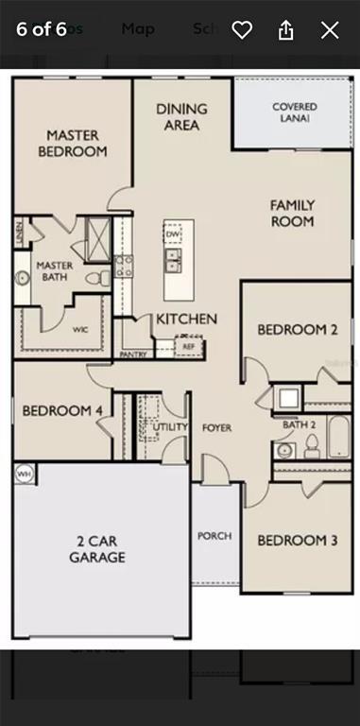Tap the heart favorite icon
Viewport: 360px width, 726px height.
pos(242,29)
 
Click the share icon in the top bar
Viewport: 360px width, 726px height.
pos(285,29)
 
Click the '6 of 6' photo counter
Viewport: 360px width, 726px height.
pos(42,28)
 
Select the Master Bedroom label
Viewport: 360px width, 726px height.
pos(73,143)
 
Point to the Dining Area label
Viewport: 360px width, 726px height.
pos(181,116)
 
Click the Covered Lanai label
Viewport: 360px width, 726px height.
pos(294,112)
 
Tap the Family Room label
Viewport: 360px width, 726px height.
pos(292,213)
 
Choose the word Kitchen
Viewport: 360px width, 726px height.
pos(186,320)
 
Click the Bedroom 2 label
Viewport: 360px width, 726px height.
pos(298,330)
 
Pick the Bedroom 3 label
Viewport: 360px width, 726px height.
pos(298,540)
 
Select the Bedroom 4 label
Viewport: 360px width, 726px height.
pos(61,411)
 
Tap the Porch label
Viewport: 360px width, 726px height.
pos(214,536)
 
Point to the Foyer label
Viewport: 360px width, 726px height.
pos(216,428)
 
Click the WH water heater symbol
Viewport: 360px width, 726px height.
pos(23,473)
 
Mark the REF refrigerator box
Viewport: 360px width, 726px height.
pos(188,347)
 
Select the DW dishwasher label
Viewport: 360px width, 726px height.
pos(172,233)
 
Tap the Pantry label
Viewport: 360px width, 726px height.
pos(133,355)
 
